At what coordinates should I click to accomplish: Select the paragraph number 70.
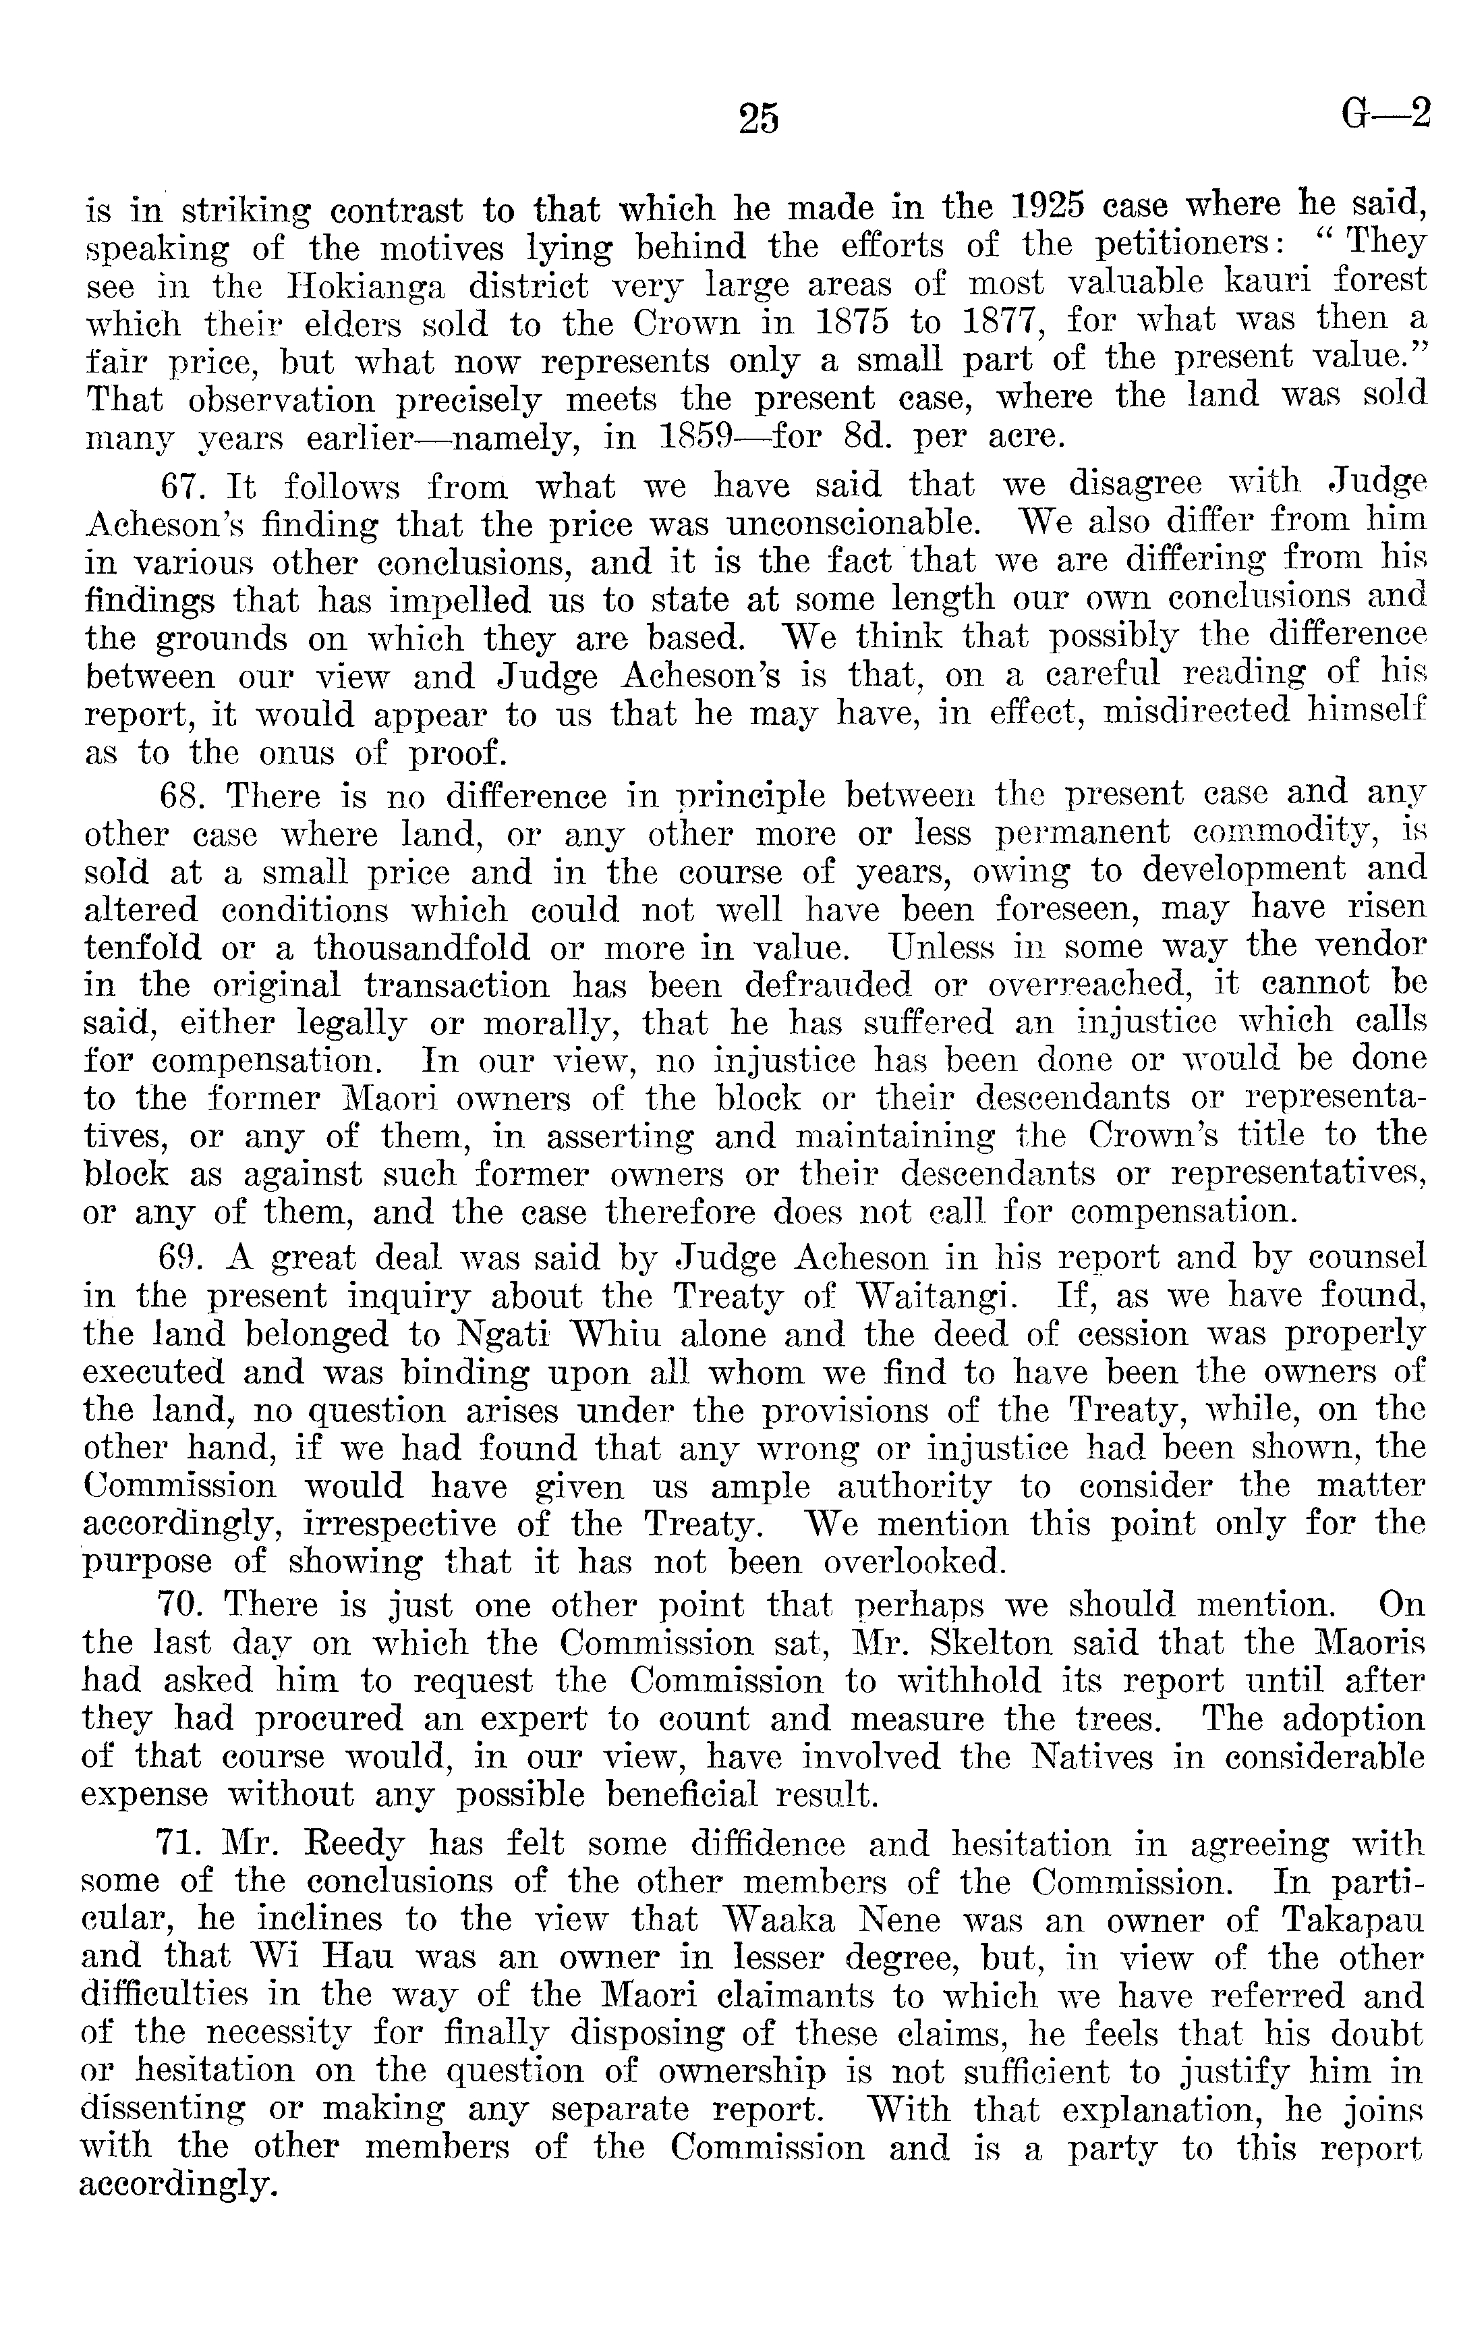(x=181, y=1604)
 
